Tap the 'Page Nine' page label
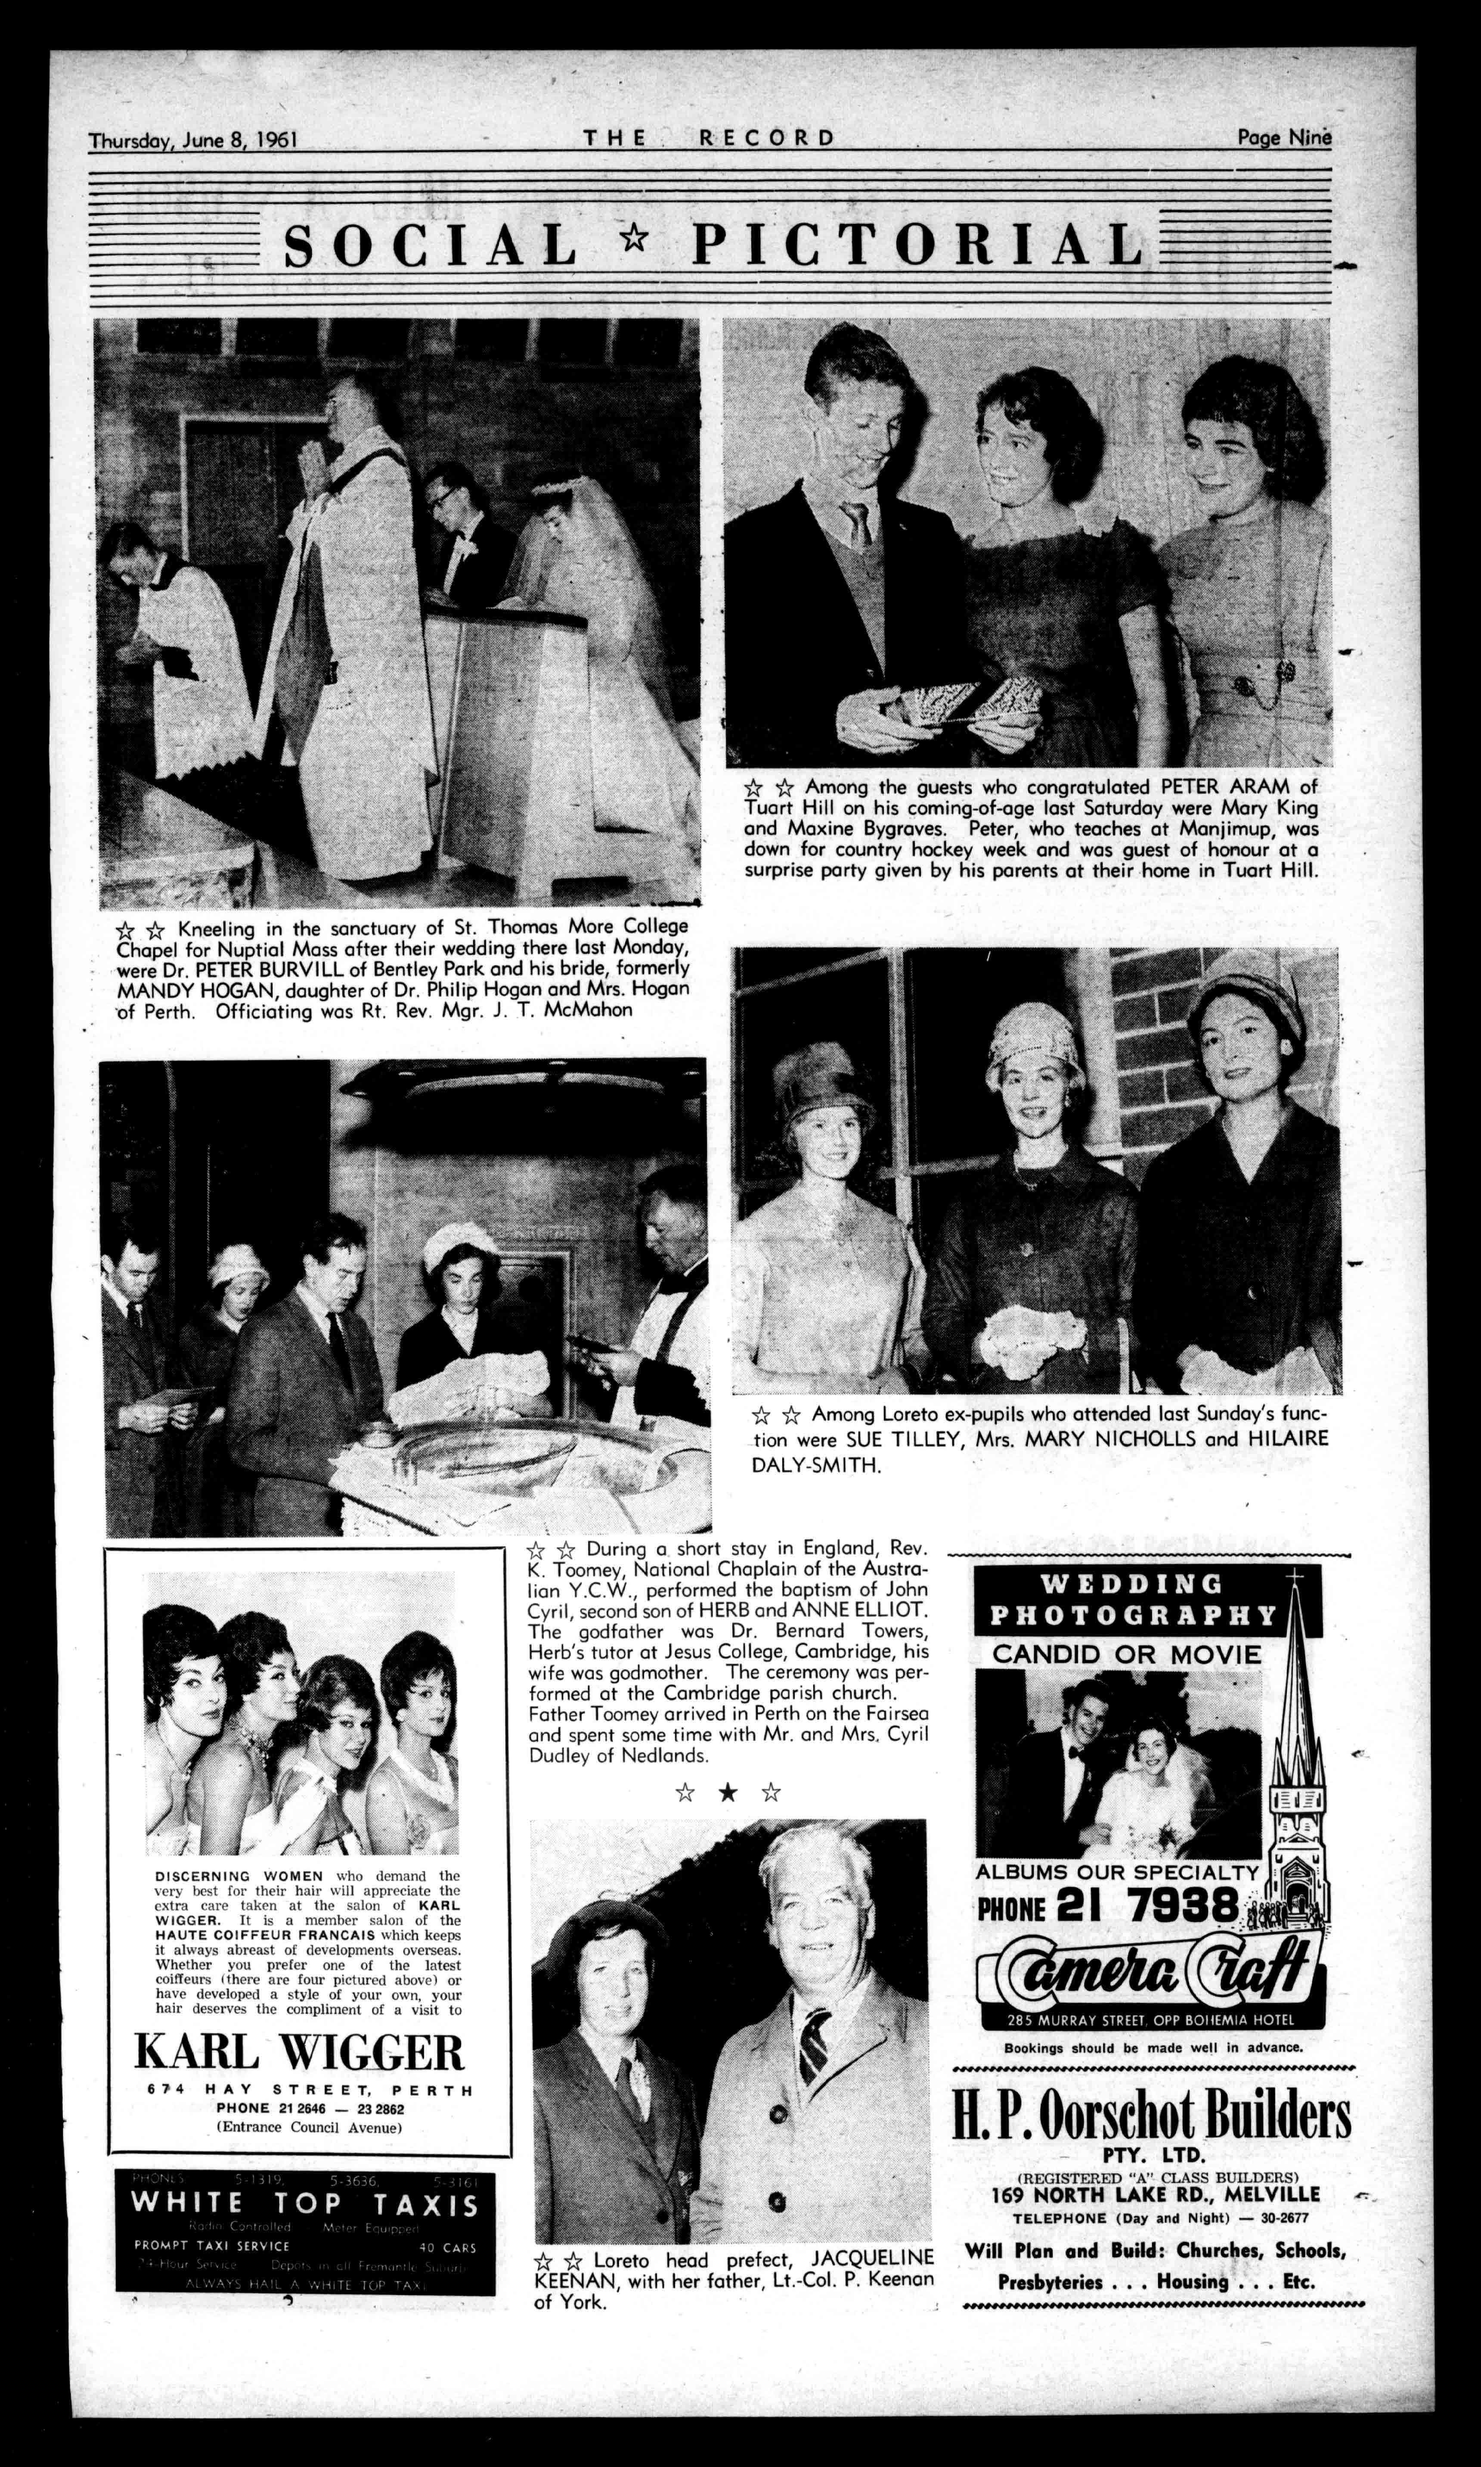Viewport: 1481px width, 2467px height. click(x=1283, y=138)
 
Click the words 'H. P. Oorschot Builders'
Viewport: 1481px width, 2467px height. click(x=1151, y=2116)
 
